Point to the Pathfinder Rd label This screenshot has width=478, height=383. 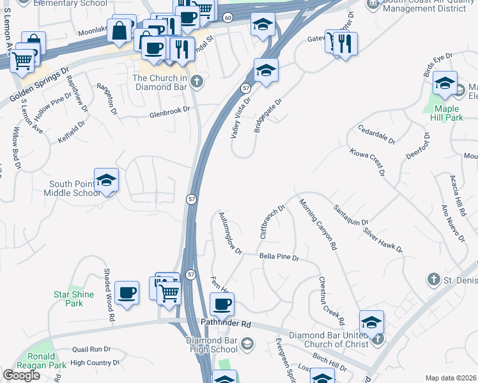[x=226, y=324]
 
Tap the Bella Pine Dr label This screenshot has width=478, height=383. [x=279, y=257]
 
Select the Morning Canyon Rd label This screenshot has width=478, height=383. [x=318, y=224]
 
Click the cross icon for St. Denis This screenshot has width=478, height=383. [x=433, y=279]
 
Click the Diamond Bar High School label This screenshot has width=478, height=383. [x=212, y=345]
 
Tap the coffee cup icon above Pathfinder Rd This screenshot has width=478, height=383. [x=222, y=304]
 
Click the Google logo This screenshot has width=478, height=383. [x=21, y=375]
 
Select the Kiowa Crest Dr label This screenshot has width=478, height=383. [x=367, y=161]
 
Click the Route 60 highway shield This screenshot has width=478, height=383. [x=228, y=17]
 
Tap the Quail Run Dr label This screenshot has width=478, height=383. [x=91, y=349]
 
